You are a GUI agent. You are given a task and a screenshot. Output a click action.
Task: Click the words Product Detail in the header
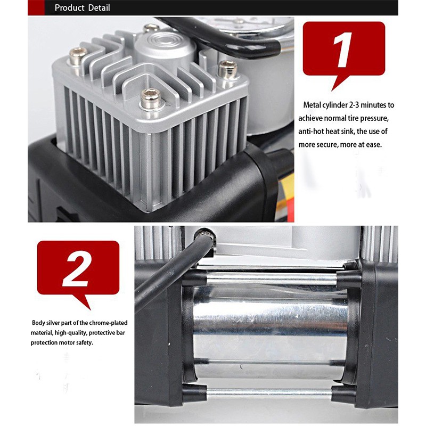coord(83,7)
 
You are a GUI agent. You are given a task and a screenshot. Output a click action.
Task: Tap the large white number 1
coord(343,50)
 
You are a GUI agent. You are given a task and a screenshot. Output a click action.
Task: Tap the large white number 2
coord(77,269)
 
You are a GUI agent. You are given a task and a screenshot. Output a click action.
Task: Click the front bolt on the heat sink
coord(150,99)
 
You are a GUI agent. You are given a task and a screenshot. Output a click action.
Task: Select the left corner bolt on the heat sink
coord(78,56)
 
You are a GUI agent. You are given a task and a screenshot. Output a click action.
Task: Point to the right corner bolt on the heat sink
coord(228,70)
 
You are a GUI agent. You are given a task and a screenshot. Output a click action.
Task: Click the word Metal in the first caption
coord(312,105)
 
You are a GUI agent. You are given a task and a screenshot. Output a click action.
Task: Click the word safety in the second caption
coord(85,342)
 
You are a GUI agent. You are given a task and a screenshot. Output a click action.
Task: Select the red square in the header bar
coord(36,7)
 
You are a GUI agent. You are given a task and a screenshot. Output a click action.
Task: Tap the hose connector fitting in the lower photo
coord(204,235)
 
